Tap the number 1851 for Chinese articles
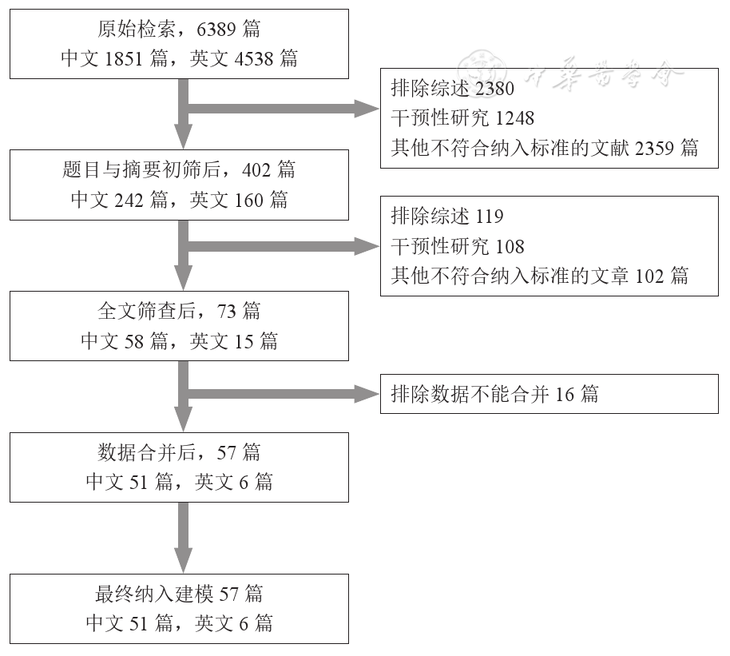[124, 58]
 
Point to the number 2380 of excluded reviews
[495, 88]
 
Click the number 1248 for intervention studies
[515, 118]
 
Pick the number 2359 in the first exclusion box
[656, 148]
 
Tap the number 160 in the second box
[249, 200]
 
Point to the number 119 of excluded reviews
[490, 217]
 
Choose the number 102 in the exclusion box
[650, 276]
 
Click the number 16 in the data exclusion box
[565, 394]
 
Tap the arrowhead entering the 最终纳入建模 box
[184, 563]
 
